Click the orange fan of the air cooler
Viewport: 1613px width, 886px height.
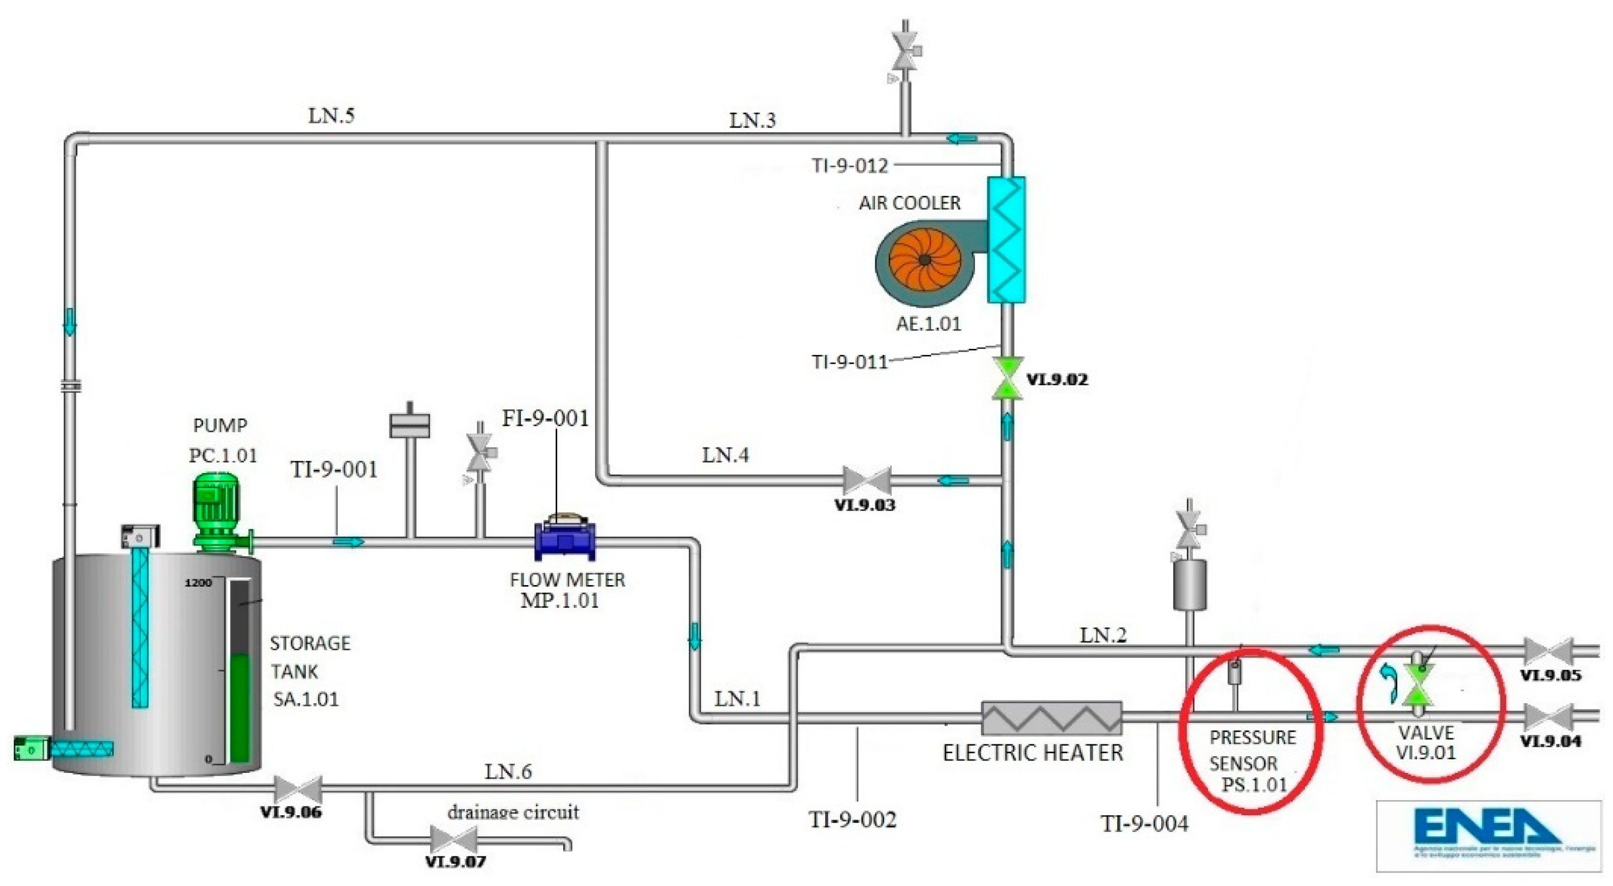(x=925, y=259)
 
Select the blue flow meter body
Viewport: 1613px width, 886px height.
(x=565, y=542)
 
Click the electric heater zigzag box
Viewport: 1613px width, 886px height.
(x=1051, y=718)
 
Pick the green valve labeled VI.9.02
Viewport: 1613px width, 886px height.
(x=1007, y=378)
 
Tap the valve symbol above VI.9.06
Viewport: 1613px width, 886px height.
(x=299, y=790)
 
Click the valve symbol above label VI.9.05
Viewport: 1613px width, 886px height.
(x=1548, y=651)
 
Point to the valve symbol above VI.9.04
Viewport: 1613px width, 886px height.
(x=1548, y=717)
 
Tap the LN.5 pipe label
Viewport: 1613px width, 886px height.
(x=332, y=116)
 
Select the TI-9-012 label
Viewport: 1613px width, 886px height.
(x=850, y=166)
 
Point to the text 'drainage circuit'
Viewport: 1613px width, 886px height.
(x=513, y=812)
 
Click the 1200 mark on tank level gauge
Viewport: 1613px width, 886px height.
(x=198, y=583)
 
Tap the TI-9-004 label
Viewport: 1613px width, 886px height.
(x=1144, y=824)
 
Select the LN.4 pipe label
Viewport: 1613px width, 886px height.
(x=724, y=455)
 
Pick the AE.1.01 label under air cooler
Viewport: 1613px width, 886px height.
(x=928, y=324)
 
